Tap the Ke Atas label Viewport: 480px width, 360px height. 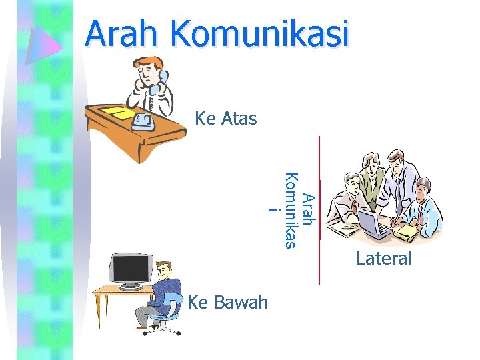[x=225, y=119]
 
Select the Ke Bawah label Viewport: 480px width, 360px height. [x=228, y=303]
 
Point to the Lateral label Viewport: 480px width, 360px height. [x=383, y=258]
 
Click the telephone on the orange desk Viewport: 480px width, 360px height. [x=144, y=120]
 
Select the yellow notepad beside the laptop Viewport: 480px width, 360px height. [x=407, y=231]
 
